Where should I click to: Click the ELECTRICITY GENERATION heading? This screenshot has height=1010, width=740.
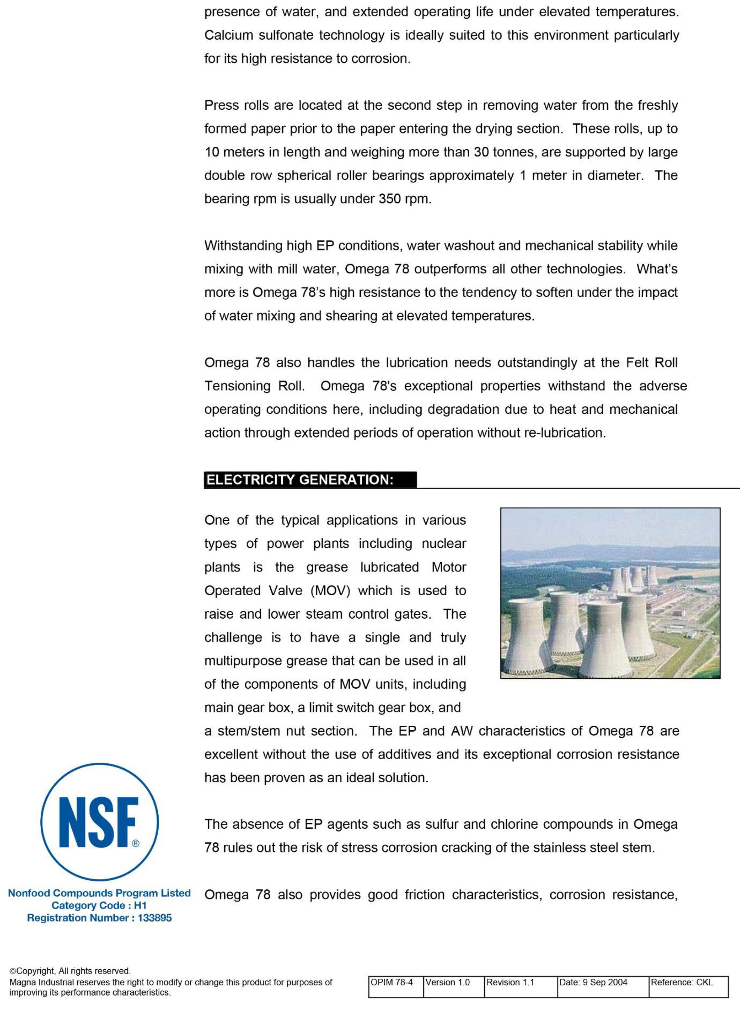[300, 480]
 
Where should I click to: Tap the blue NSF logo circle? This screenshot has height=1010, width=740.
[99, 822]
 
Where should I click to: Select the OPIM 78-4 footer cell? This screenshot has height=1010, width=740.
[396, 982]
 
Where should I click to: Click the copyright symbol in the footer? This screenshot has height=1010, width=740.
[13, 971]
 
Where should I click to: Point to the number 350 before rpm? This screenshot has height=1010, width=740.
[389, 199]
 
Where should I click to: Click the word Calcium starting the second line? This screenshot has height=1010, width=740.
[228, 35]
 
